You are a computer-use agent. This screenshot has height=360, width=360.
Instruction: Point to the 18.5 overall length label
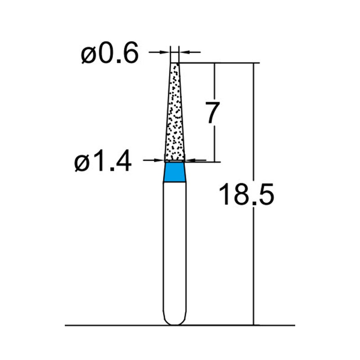(246, 195)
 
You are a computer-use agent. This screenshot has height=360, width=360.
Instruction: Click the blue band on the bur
(175, 172)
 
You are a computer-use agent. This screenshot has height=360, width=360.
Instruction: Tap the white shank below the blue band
(175, 247)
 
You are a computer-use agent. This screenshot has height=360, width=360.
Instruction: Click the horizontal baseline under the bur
(112, 325)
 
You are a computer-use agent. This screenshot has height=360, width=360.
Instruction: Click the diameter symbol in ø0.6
(88, 56)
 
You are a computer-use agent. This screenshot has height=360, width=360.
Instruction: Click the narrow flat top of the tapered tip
(175, 63)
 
